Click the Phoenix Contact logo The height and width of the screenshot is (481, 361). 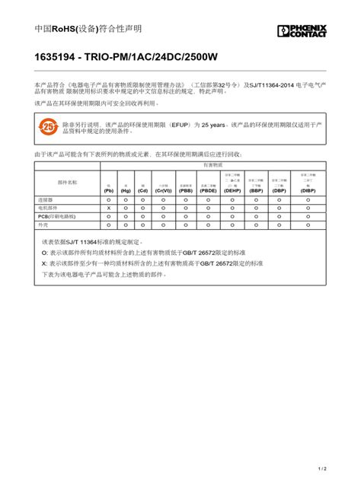point(302,30)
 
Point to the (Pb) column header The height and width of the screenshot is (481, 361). point(108,190)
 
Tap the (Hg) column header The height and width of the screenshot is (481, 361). point(126,190)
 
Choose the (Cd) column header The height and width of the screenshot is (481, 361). point(142,190)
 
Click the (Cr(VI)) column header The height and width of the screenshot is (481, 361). point(164,190)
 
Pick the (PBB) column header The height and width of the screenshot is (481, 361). point(186,190)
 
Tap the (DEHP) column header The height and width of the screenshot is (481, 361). point(232,190)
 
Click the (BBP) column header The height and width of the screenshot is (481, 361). point(256,190)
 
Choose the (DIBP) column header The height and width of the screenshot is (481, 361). point(308,190)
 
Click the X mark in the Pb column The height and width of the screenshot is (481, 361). point(108,208)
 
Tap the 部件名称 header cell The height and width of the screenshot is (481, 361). point(67,183)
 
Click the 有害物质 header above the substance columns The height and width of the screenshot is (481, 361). point(212,164)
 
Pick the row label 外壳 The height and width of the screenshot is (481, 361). point(43,225)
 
